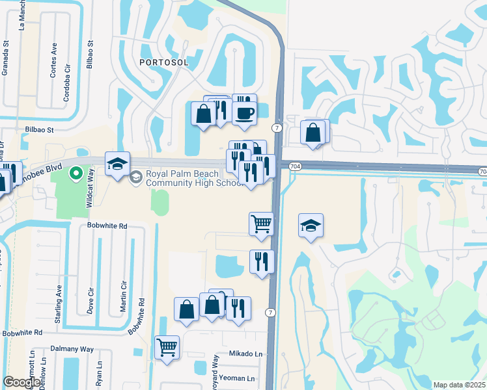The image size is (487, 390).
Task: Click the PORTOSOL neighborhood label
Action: click(163, 62)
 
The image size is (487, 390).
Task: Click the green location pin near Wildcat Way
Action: click(76, 174)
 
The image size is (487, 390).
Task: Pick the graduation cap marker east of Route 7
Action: click(311, 226)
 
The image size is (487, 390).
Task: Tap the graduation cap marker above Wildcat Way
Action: click(117, 165)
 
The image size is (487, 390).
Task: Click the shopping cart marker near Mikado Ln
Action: click(167, 348)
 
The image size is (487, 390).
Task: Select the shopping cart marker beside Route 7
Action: click(261, 224)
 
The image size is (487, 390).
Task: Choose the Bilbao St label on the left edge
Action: click(39, 129)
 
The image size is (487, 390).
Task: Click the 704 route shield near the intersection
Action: click(296, 167)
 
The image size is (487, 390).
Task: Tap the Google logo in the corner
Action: click(21, 382)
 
